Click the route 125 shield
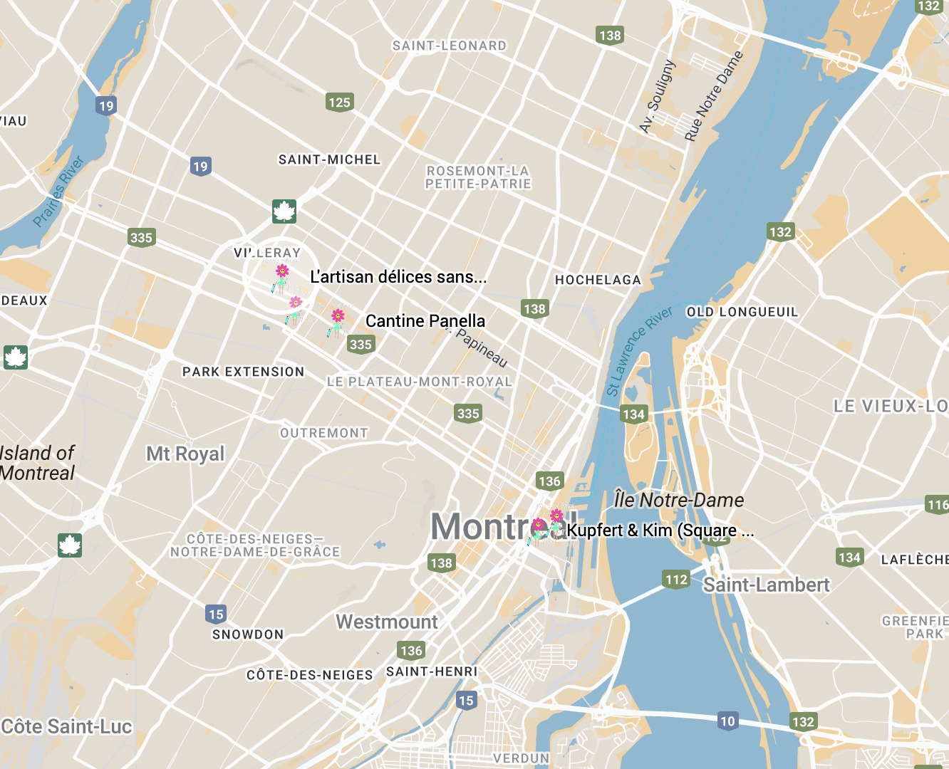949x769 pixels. pyautogui.click(x=339, y=102)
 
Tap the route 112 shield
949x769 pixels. pyautogui.click(x=676, y=579)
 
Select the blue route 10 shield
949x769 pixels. pyautogui.click(x=727, y=721)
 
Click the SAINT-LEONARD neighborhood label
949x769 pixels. pyautogui.click(x=450, y=46)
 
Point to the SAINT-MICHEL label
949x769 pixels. pyautogui.click(x=329, y=159)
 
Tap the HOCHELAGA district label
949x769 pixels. pyautogui.click(x=598, y=280)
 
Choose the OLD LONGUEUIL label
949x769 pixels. pyautogui.click(x=742, y=312)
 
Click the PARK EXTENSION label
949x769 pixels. pyautogui.click(x=243, y=372)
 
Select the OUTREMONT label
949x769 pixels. pyautogui.click(x=324, y=433)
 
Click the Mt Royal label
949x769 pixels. pyautogui.click(x=185, y=454)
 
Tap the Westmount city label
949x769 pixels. pyautogui.click(x=387, y=622)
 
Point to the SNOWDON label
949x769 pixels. pyautogui.click(x=248, y=634)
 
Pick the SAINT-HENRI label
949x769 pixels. pyautogui.click(x=432, y=671)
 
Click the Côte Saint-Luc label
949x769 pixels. pyautogui.click(x=66, y=726)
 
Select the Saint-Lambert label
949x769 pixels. pyautogui.click(x=766, y=585)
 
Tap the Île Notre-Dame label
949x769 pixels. pyautogui.click(x=679, y=500)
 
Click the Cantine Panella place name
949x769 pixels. pyautogui.click(x=425, y=321)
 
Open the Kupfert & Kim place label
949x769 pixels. pyautogui.click(x=660, y=530)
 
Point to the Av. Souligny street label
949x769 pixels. pyautogui.click(x=657, y=97)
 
